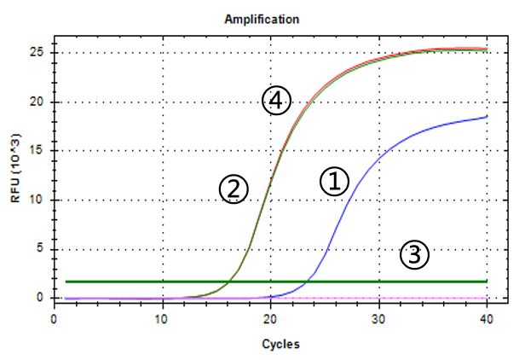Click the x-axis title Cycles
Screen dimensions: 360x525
pyautogui.click(x=270, y=345)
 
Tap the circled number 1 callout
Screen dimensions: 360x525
pyautogui.click(x=334, y=181)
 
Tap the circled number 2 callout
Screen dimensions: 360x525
pyautogui.click(x=234, y=189)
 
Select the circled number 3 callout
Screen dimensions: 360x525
pyautogui.click(x=414, y=254)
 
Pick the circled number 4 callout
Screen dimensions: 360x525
pyautogui.click(x=275, y=102)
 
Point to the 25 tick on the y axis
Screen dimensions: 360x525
pyautogui.click(x=40, y=53)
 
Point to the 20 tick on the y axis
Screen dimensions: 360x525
pyautogui.click(x=40, y=102)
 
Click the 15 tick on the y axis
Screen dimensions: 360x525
pyautogui.click(x=40, y=151)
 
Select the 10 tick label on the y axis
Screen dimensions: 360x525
pyautogui.click(x=40, y=200)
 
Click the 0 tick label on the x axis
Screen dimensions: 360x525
pyautogui.click(x=54, y=318)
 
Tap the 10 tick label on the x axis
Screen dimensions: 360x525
pyautogui.click(x=162, y=318)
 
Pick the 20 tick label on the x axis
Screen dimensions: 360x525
pyautogui.click(x=270, y=318)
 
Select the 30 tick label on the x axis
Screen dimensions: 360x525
pyautogui.click(x=378, y=318)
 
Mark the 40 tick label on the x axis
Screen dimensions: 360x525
pyautogui.click(x=487, y=318)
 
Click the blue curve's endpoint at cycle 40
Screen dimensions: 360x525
pyautogui.click(x=487, y=116)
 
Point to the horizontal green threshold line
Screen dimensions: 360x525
pyautogui.click(x=170, y=281)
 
